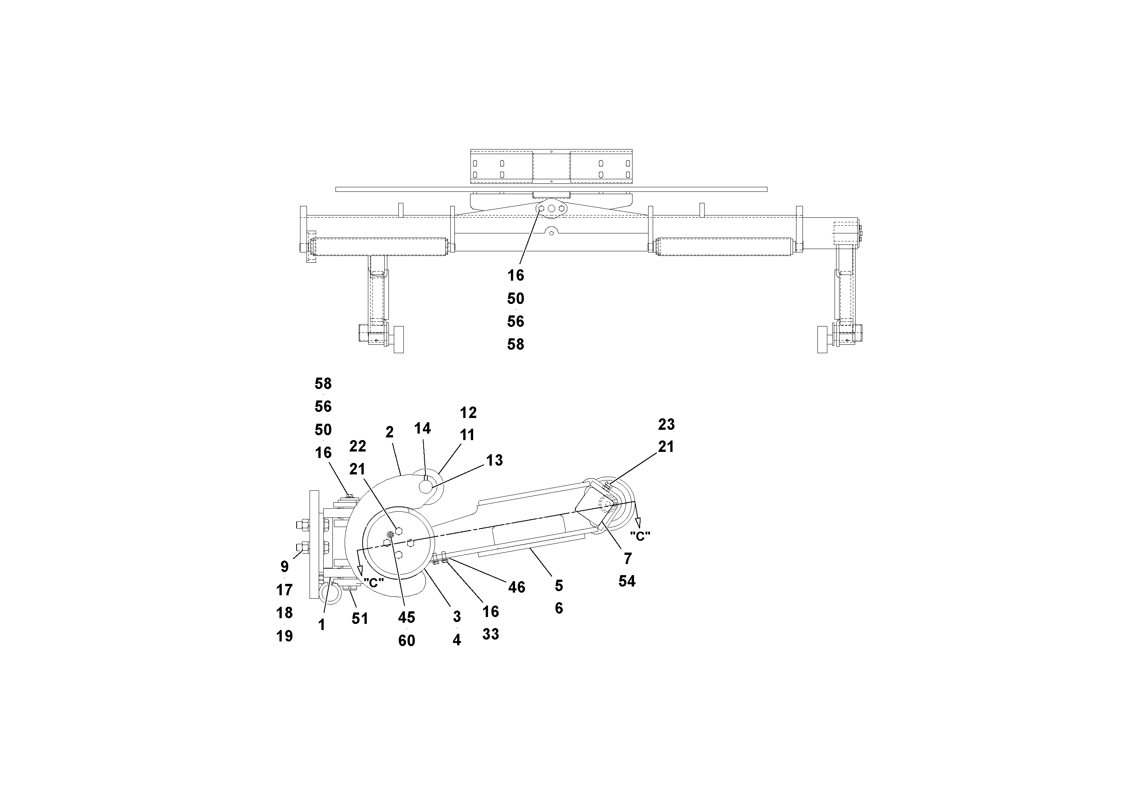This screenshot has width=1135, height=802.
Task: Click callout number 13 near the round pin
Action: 494,460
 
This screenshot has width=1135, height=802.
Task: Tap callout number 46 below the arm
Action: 517,587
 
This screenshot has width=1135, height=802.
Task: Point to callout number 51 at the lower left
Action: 360,619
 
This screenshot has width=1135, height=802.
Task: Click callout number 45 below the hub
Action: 406,617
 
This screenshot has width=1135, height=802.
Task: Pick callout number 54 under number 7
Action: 627,581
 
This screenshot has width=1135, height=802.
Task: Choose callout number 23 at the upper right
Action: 666,424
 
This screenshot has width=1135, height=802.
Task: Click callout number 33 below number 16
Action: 490,634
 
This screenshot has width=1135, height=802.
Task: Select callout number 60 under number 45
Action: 406,641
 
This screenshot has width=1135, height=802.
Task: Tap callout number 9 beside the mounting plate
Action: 284,567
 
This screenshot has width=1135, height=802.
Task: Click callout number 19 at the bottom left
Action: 284,636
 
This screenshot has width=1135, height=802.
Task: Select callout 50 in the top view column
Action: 515,299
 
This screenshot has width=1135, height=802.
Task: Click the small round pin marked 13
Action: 425,487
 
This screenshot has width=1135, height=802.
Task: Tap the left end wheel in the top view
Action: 398,339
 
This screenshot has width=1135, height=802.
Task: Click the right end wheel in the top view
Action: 823,339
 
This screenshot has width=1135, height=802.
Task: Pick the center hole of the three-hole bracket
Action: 551,209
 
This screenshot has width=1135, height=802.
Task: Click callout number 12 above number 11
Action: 468,412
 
